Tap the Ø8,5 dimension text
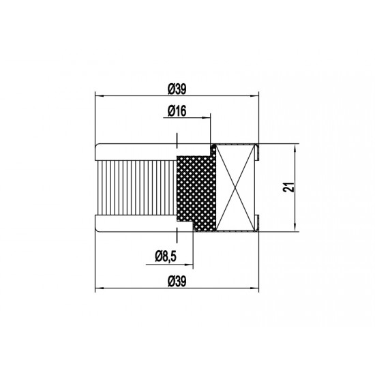[x=166, y=256]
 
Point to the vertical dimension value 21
[x=289, y=188]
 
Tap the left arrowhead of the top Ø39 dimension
[x=98, y=96]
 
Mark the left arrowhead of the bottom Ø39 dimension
[x=98, y=287]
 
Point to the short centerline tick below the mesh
[x=177, y=235]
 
